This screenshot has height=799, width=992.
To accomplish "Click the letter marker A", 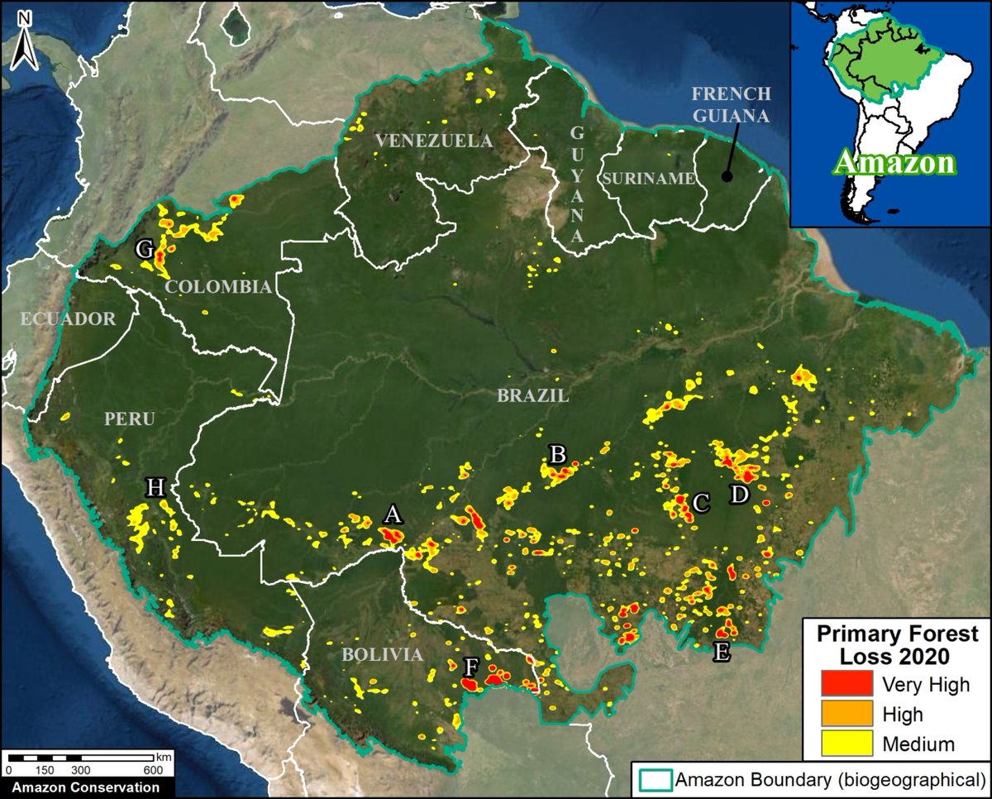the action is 393,515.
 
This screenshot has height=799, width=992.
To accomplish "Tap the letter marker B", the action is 558,453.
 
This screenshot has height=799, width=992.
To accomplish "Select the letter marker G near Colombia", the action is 145,247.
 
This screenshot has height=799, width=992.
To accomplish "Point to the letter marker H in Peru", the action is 155,487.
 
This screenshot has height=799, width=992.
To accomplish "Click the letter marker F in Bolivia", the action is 471,666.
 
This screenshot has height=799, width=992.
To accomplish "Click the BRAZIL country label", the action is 532,396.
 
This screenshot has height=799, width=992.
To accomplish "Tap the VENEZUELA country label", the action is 433,141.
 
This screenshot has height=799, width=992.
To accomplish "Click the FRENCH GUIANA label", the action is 732,104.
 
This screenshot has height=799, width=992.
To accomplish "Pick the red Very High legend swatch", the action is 847,684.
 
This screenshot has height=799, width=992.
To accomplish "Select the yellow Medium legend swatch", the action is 847,743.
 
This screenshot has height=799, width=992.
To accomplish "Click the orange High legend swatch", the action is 847,713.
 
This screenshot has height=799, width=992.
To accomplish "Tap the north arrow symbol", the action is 24,41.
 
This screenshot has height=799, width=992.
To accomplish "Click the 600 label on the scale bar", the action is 152,770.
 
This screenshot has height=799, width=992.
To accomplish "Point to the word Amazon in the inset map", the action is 893,163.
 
